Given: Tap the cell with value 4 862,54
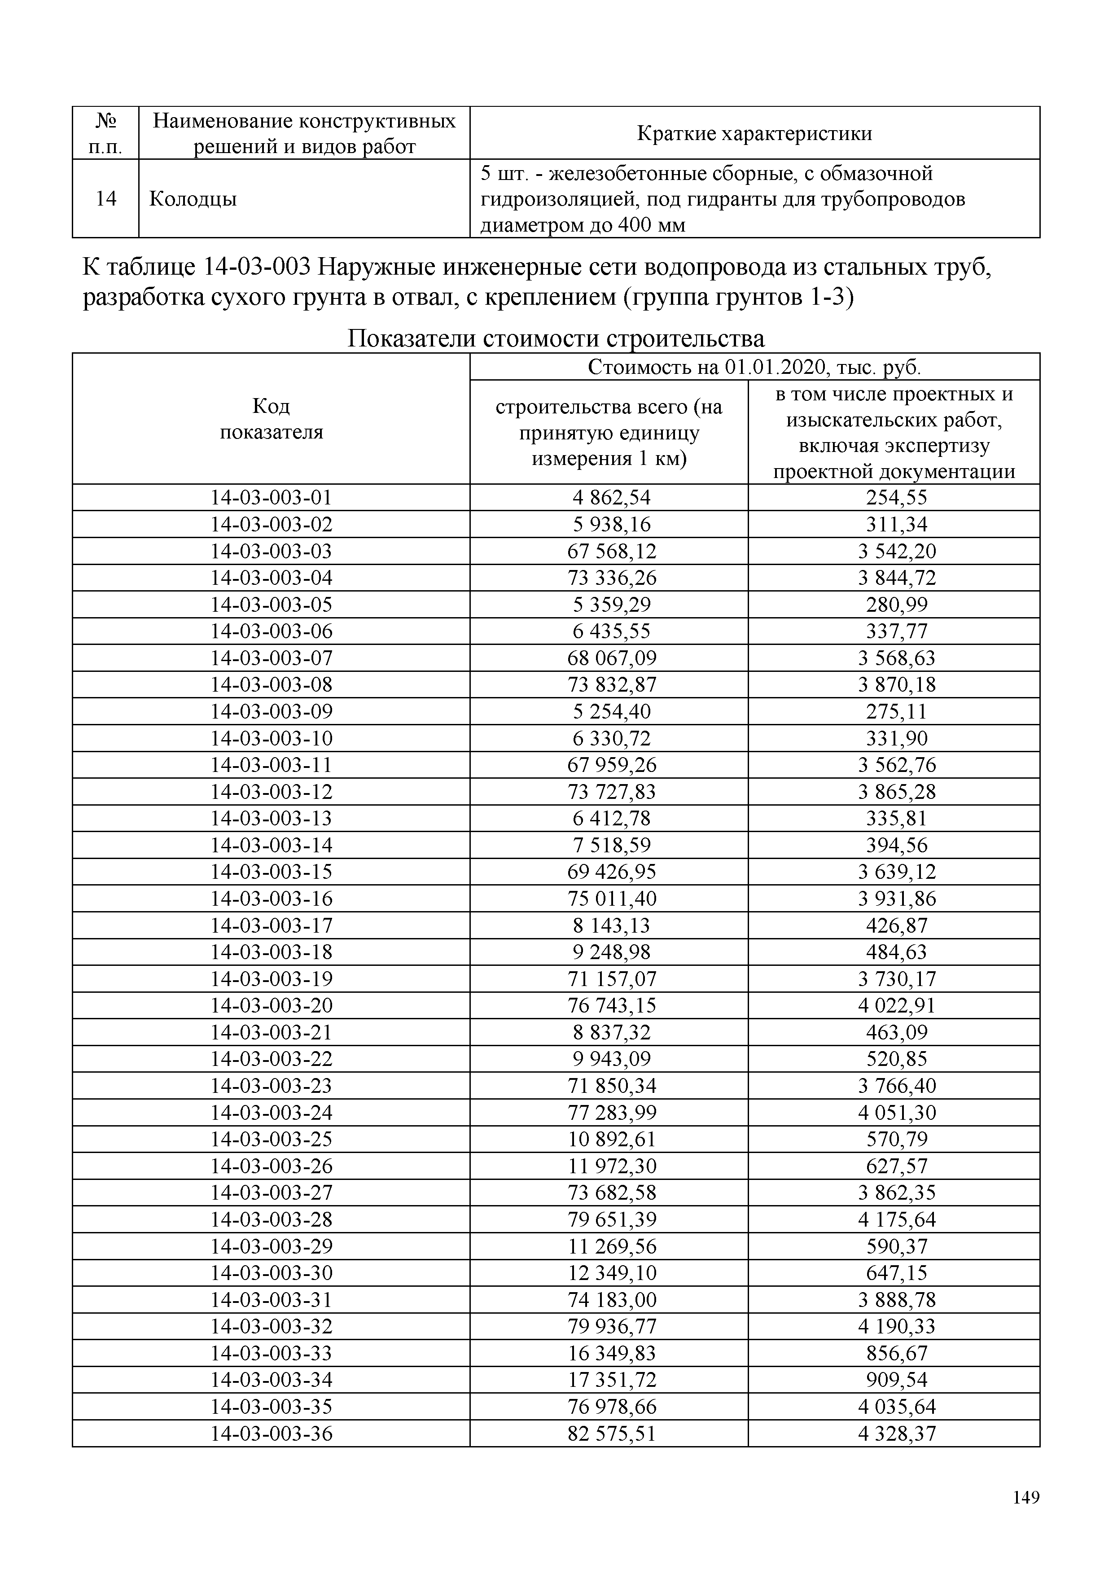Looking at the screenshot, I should click(x=611, y=498).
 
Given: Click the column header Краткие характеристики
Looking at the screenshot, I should click(x=754, y=133).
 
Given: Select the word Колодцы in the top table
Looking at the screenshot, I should click(x=193, y=199).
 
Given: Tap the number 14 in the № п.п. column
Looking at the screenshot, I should click(x=105, y=199).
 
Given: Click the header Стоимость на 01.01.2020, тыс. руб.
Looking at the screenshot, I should click(x=754, y=368).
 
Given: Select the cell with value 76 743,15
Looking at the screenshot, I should click(x=611, y=1006).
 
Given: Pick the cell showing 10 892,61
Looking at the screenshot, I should click(x=611, y=1140).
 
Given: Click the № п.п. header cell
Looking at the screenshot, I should click(x=105, y=133).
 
